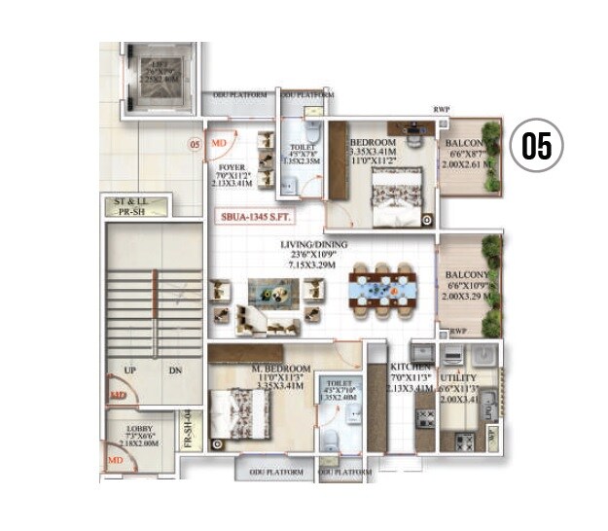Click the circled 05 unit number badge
[537, 146]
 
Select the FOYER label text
[231, 167]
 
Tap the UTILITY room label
[458, 376]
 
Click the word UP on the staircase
[127, 370]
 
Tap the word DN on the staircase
[175, 370]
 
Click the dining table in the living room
[382, 289]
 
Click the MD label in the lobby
[115, 460]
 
